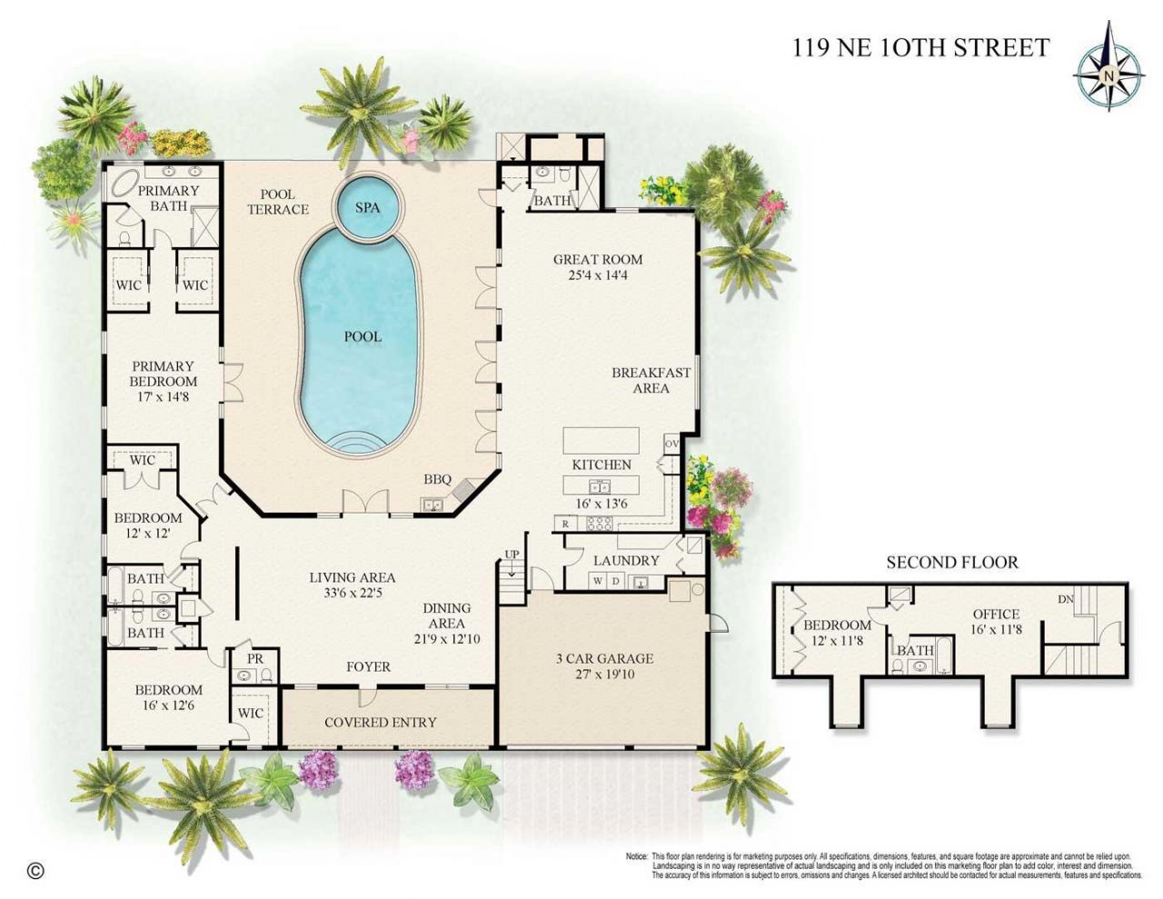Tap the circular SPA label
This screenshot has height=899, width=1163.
(367, 207)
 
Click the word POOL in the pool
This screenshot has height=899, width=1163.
(363, 336)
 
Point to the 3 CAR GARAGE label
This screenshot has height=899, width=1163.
(604, 659)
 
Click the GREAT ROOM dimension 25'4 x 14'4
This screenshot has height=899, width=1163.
(598, 275)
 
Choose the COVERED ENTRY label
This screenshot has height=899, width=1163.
(381, 723)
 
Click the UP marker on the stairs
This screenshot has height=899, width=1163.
(512, 554)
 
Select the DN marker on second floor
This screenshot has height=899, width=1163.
(1067, 599)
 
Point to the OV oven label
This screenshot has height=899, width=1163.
(671, 444)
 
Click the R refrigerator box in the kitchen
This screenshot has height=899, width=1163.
(565, 524)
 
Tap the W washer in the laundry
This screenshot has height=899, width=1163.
(598, 581)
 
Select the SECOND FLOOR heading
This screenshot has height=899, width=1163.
(952, 563)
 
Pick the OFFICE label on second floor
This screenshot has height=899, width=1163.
(996, 614)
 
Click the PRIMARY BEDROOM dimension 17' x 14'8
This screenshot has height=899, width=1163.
(164, 397)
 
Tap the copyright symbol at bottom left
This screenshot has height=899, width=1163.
(35, 870)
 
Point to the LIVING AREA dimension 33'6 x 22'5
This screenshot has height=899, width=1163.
(352, 594)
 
